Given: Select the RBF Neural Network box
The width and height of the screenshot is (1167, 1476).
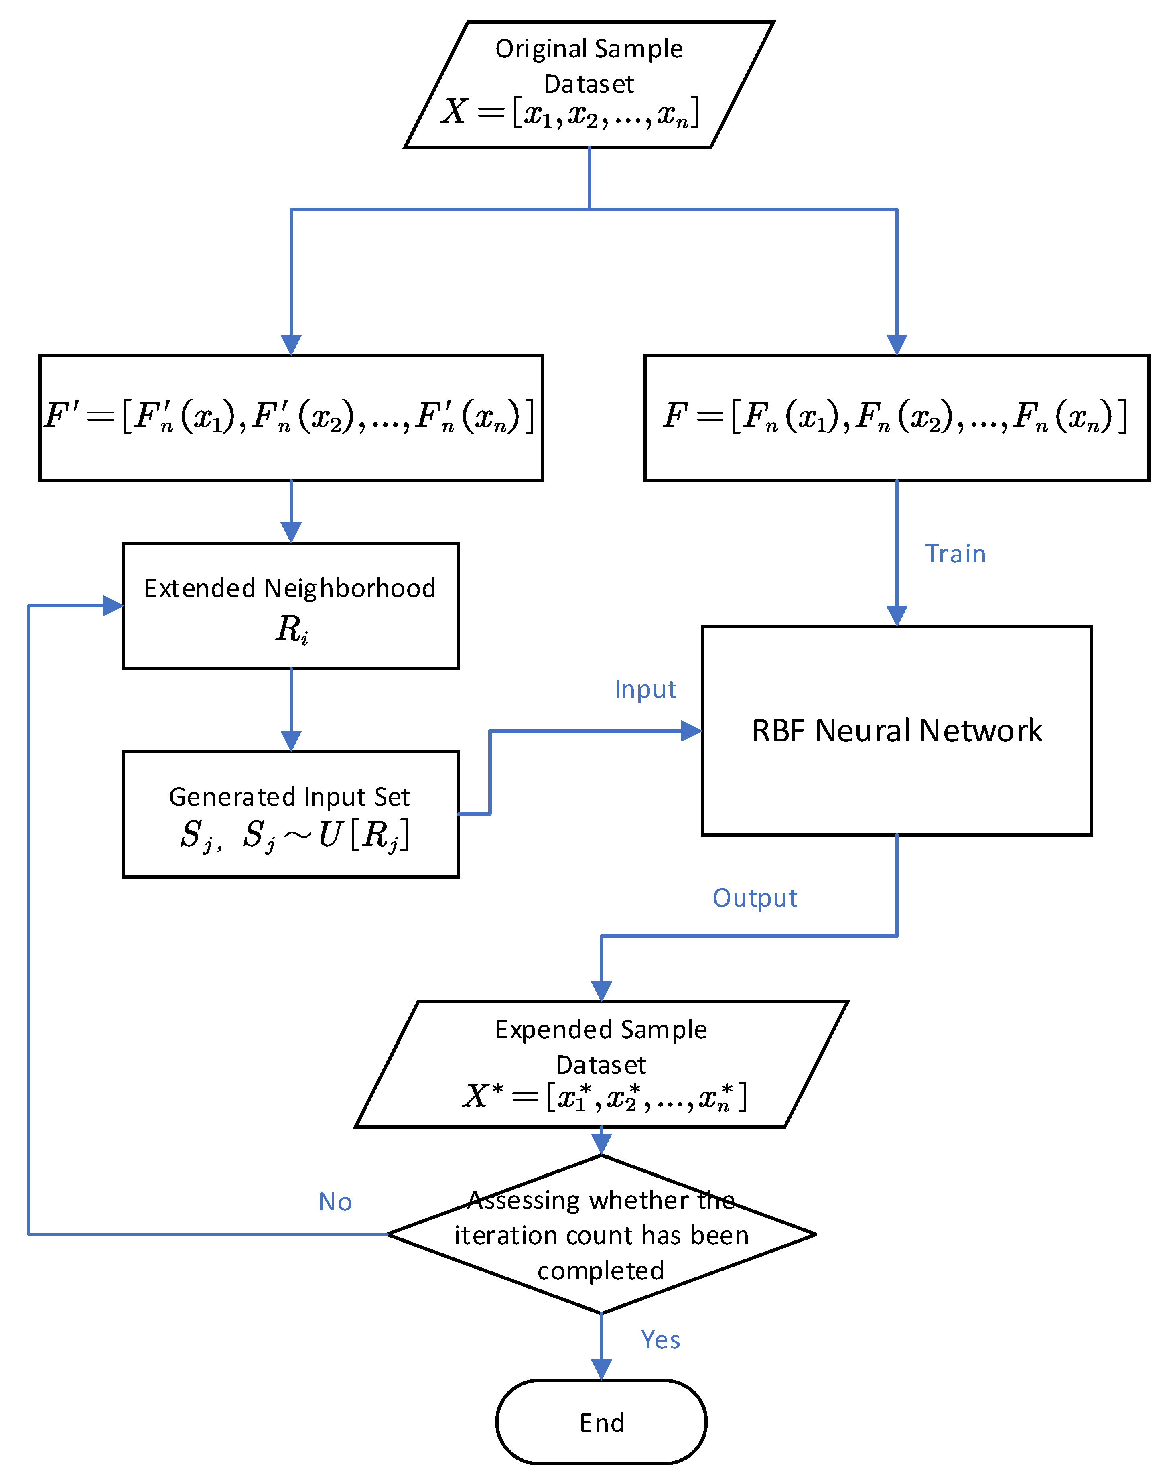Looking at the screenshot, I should point(897,731).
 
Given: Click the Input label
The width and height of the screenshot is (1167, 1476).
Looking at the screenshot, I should point(645,690).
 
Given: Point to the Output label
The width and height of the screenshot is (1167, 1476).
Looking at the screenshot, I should point(754,898).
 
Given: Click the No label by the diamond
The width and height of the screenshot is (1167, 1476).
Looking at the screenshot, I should point(335,1202).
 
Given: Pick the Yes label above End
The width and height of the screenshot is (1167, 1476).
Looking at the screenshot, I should point(660,1340).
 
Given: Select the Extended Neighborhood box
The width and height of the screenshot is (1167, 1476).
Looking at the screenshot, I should point(290,605).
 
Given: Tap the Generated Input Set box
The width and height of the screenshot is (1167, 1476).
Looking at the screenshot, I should point(290,814).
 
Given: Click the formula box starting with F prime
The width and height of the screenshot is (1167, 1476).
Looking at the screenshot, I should point(290,418).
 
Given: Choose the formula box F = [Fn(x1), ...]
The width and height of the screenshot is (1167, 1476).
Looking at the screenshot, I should point(897,418).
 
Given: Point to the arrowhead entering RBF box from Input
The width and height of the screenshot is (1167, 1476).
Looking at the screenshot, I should point(692,731).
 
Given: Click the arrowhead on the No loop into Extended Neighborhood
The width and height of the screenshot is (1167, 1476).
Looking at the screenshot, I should point(113,605).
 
